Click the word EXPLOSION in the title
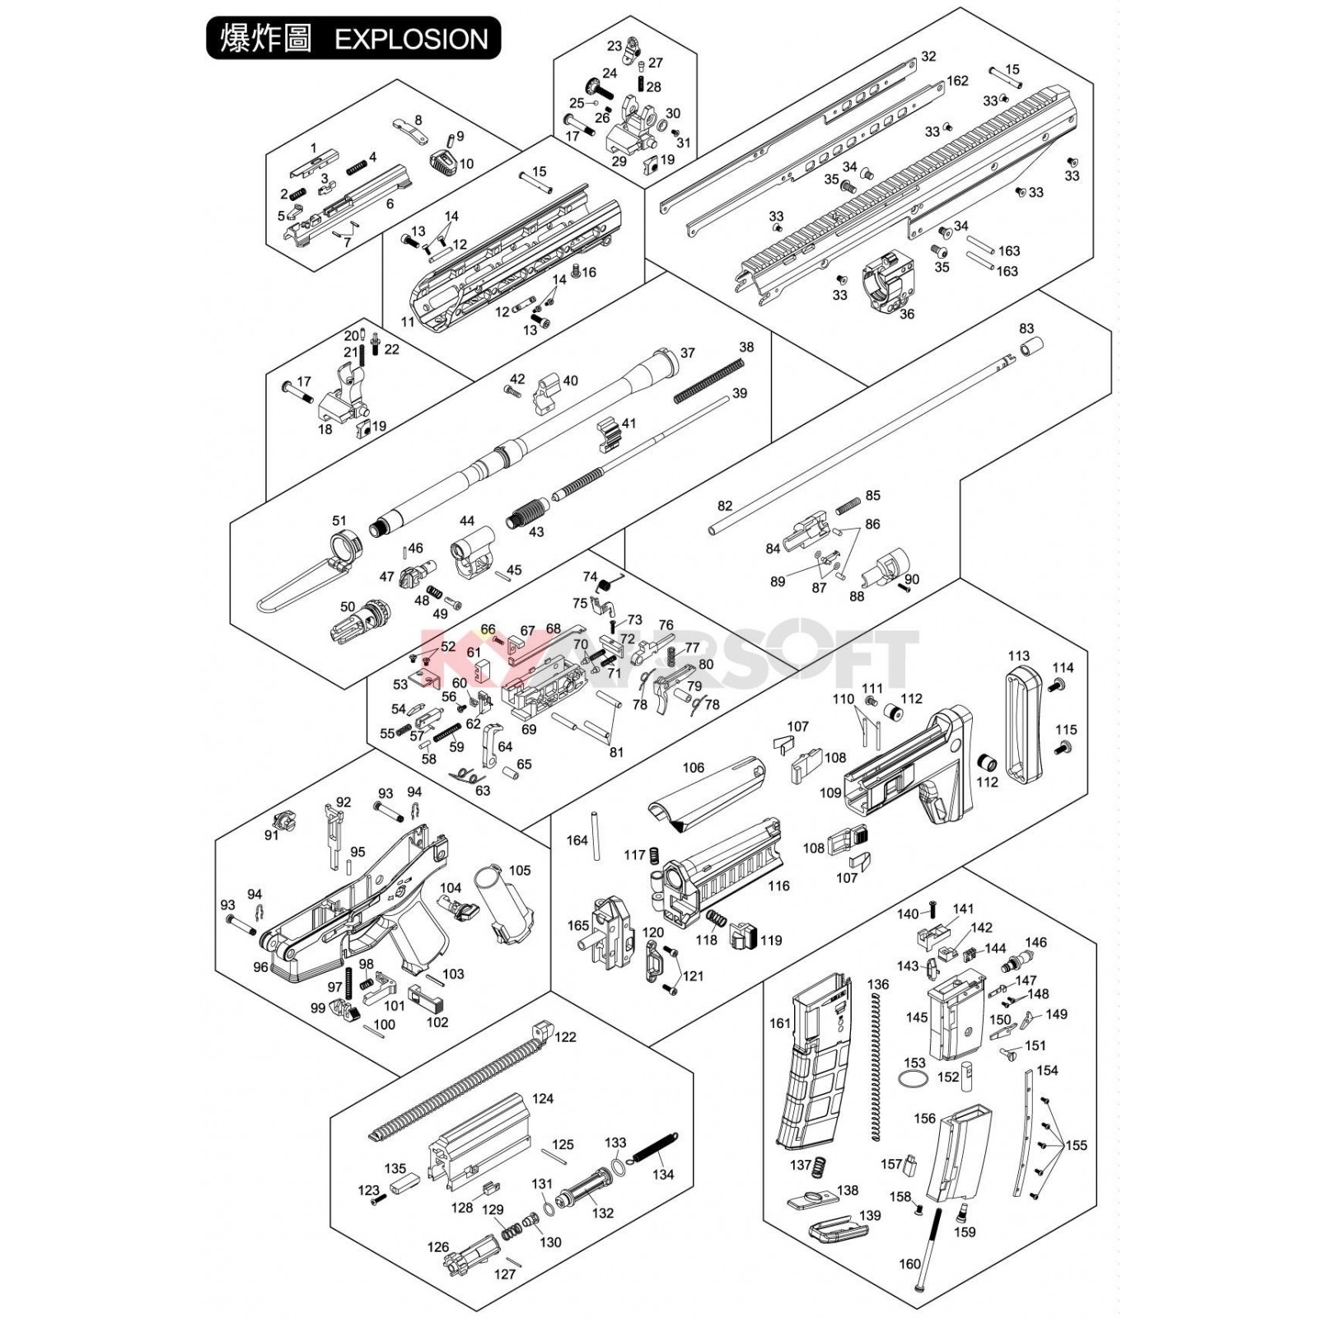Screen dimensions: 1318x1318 pos(411,39)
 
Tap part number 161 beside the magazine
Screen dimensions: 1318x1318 pos(779,1023)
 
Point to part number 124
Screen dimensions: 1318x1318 pos(543,1098)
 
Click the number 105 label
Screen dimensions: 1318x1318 pos(520,870)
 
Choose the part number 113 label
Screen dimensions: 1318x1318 pos(1018,656)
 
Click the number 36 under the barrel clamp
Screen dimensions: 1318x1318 pos(906,314)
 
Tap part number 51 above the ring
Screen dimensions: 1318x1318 pos(339,520)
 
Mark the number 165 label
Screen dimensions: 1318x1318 pos(577,926)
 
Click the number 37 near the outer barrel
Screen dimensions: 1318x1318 pos(687,353)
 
